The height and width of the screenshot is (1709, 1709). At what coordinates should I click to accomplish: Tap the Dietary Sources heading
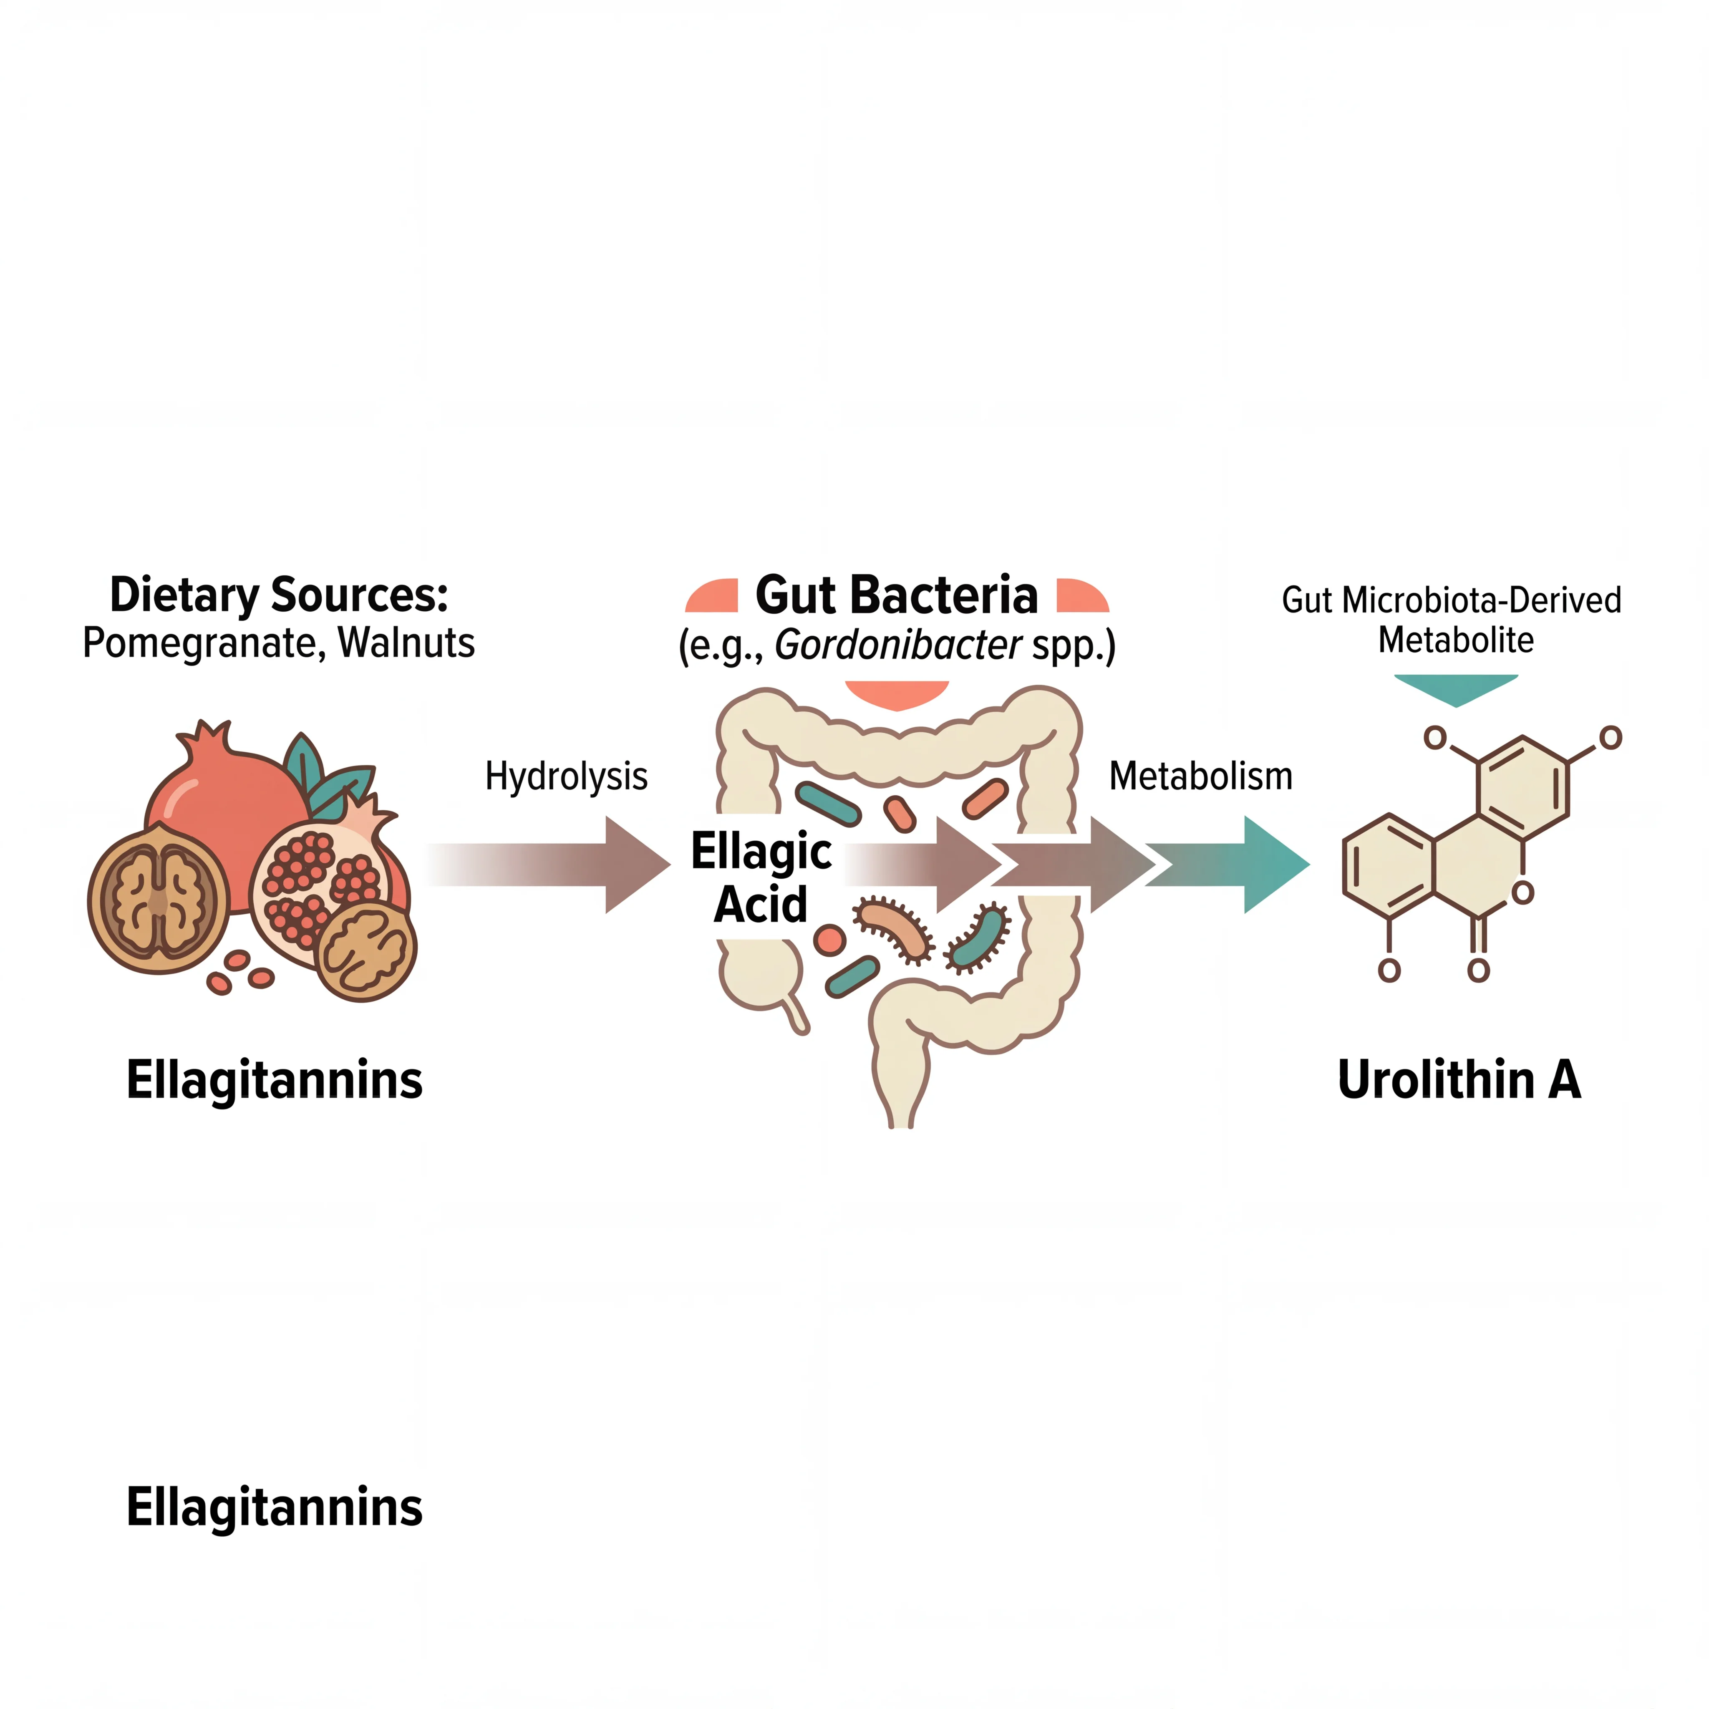[x=279, y=595]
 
